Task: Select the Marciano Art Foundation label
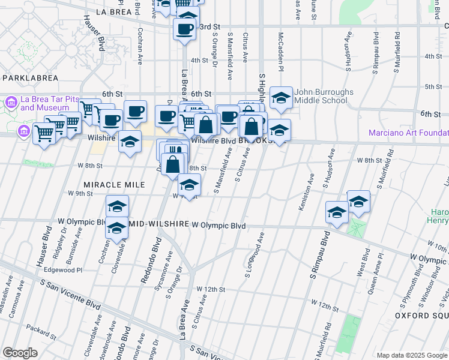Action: [408, 133]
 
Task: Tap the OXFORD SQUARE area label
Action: [421, 315]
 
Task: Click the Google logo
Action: [20, 353]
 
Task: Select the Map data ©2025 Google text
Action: [412, 355]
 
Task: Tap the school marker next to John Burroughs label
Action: [280, 98]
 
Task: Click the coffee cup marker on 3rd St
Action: [184, 29]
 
